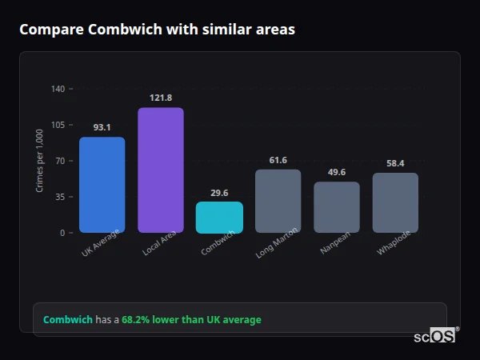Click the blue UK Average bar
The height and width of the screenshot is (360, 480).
[102, 185]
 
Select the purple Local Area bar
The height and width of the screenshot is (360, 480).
[161, 170]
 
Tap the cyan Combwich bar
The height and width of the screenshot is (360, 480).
[219, 217]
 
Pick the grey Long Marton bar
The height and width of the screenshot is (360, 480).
[278, 201]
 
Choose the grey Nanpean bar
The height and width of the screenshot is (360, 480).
[337, 207]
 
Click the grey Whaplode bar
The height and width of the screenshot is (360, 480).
[395, 202]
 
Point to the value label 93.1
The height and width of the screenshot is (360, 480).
[102, 127]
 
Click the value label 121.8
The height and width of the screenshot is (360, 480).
[161, 98]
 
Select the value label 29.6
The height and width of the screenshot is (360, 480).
[219, 193]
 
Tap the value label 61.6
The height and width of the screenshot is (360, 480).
[278, 160]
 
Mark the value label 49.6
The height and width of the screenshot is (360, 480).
[337, 172]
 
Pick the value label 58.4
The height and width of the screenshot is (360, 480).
[395, 163]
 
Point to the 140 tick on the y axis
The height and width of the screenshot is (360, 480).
[58, 89]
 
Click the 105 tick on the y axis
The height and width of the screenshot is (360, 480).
[58, 125]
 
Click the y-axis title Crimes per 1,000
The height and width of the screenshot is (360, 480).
[40, 161]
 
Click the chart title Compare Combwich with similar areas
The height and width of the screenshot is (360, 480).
[157, 30]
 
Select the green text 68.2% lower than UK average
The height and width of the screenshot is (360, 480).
[191, 320]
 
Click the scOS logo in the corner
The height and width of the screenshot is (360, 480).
[434, 336]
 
